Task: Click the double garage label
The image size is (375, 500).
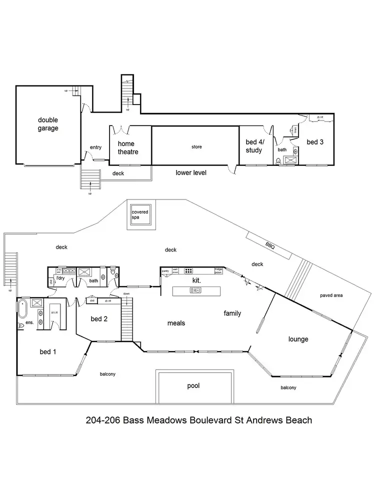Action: pyautogui.click(x=48, y=124)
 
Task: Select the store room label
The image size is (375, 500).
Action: pyautogui.click(x=196, y=147)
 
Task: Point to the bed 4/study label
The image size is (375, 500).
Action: pyautogui.click(x=254, y=145)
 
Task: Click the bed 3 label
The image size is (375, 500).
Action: pyautogui.click(x=315, y=142)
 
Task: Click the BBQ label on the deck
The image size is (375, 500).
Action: pyautogui.click(x=270, y=245)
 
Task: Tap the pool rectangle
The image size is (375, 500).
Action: pyautogui.click(x=193, y=386)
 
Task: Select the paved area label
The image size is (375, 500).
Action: pyautogui.click(x=331, y=295)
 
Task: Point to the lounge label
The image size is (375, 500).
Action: pyautogui.click(x=298, y=339)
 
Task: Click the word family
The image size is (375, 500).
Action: pyautogui.click(x=232, y=313)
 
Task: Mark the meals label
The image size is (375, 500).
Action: pyautogui.click(x=176, y=323)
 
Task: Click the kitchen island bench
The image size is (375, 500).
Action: pyautogui.click(x=196, y=290)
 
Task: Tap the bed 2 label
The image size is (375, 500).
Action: pyautogui.click(x=99, y=318)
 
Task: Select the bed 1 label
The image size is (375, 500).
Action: pyautogui.click(x=48, y=351)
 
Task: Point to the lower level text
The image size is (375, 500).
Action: pyautogui.click(x=191, y=172)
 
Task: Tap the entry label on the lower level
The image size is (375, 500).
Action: pyautogui.click(x=95, y=147)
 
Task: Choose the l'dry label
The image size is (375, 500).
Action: pyautogui.click(x=61, y=277)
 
